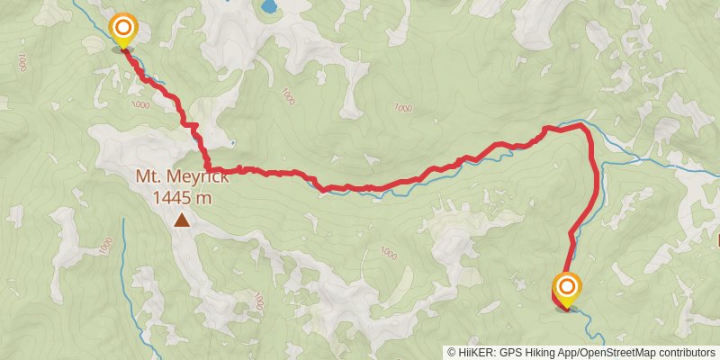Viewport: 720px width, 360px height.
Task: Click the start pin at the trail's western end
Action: click(121, 29)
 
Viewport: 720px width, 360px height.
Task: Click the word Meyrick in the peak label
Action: click(195, 177)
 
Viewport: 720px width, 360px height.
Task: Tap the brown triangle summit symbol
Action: click(183, 220)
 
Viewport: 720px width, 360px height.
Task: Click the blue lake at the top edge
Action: click(268, 7)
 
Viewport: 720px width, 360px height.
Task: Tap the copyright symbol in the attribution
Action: click(452, 352)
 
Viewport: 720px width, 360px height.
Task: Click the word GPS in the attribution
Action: click(508, 352)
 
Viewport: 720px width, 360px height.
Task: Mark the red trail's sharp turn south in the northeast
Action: click(587, 131)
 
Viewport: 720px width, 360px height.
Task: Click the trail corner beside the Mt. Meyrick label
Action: click(208, 168)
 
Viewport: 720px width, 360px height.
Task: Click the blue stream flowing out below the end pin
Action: click(585, 315)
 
